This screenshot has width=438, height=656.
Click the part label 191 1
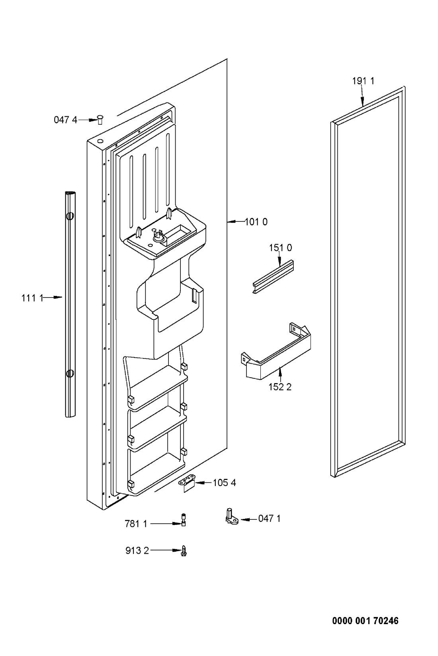(363, 81)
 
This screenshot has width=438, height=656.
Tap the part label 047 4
(66, 120)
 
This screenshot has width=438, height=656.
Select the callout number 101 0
(256, 222)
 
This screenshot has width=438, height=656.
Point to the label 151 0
(280, 248)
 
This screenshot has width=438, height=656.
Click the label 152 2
(280, 387)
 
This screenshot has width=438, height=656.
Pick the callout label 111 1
(32, 298)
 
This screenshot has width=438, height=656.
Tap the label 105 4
(224, 482)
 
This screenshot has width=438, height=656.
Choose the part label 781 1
(136, 524)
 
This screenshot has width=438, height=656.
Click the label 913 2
(137, 551)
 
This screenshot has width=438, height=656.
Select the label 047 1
(269, 519)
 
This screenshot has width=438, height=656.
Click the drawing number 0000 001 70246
(366, 621)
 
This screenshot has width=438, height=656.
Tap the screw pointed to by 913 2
(184, 551)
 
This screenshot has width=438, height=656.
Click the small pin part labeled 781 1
(184, 520)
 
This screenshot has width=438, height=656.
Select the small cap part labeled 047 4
(100, 119)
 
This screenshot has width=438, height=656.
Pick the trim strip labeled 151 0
(273, 277)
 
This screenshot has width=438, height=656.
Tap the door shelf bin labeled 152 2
(275, 351)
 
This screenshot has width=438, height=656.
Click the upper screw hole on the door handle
(69, 216)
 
